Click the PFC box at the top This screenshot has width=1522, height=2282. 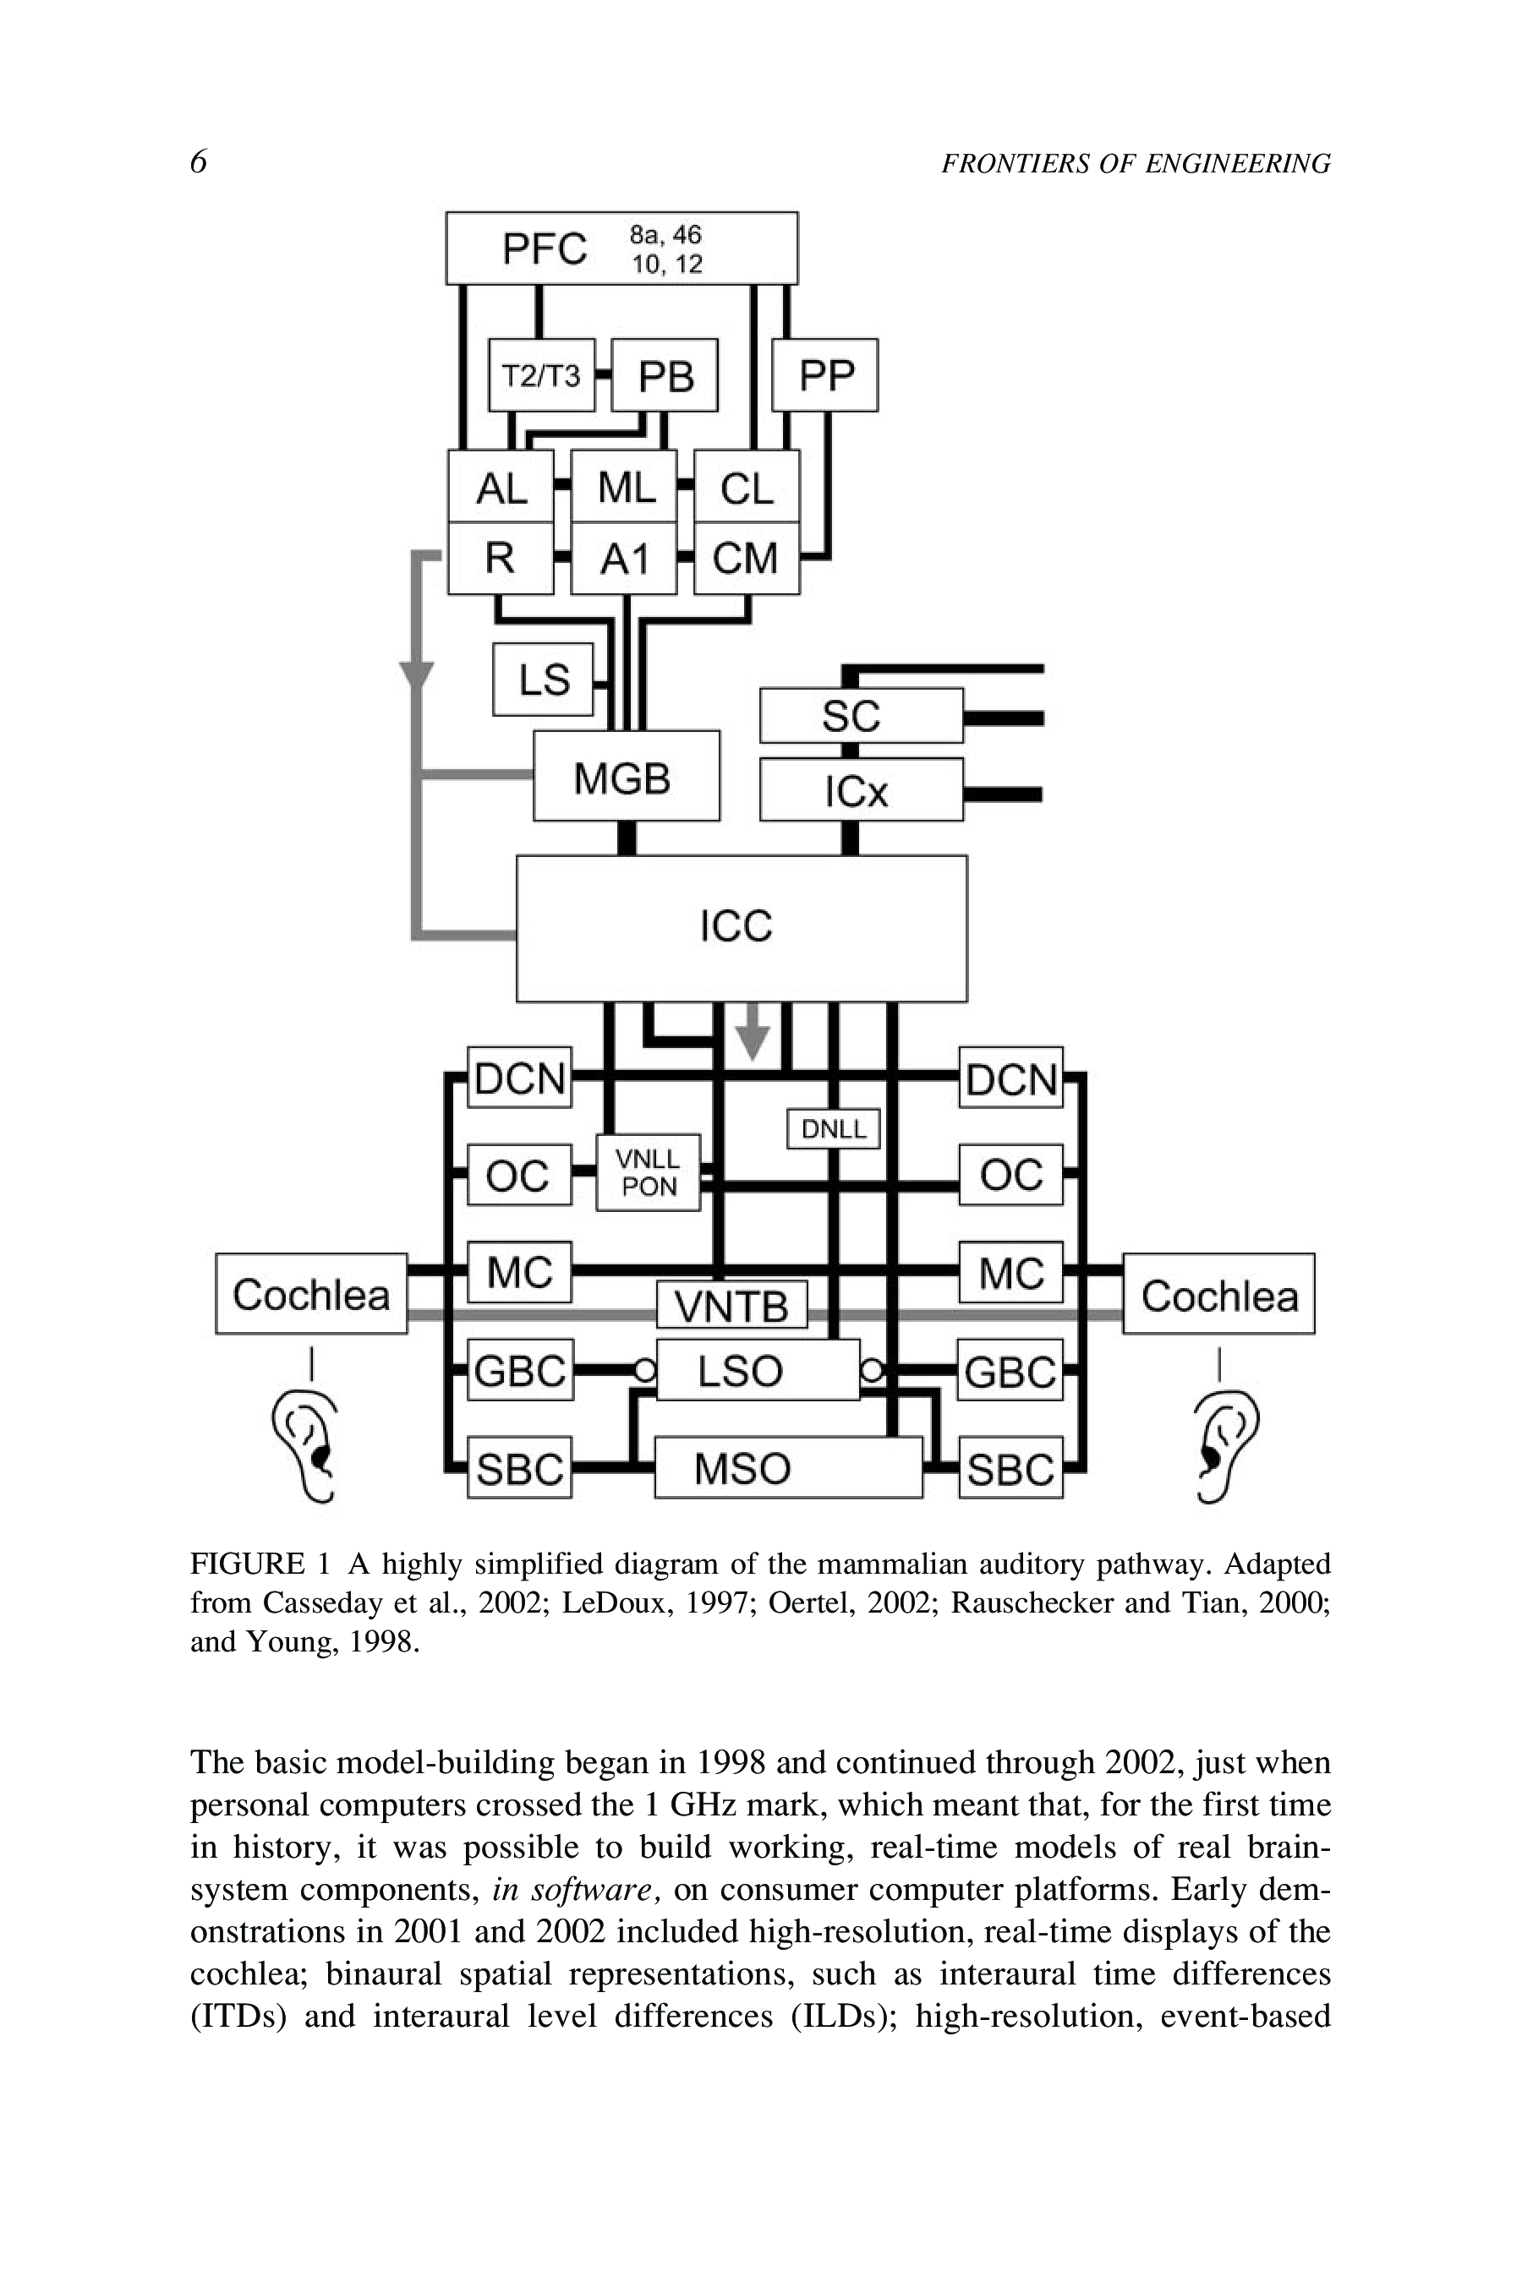tap(621, 248)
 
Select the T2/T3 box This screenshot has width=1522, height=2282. tap(540, 375)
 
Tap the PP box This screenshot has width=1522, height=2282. tap(825, 375)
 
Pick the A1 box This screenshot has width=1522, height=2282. tap(623, 559)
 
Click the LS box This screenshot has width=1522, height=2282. tap(543, 680)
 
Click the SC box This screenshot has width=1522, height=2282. tap(861, 716)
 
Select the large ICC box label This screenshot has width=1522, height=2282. tap(736, 926)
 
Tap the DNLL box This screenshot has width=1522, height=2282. tap(833, 1128)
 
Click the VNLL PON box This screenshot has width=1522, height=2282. tap(649, 1172)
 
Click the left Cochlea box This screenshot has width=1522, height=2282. tap(310, 1294)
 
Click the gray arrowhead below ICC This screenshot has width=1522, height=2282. tap(753, 1041)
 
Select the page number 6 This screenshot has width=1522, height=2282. tap(198, 162)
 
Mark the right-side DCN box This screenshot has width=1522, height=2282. tap(1010, 1078)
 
